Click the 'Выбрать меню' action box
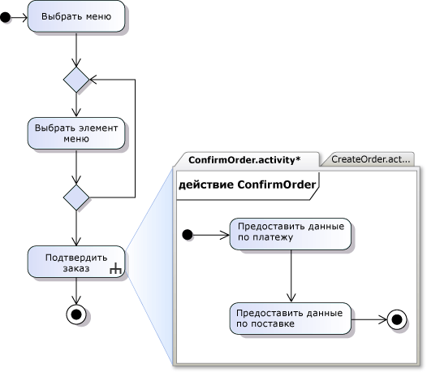[x=76, y=16]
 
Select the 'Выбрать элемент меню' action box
[x=76, y=133]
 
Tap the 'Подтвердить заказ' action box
[x=76, y=262]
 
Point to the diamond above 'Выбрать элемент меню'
[x=76, y=80]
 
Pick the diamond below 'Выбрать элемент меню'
[x=76, y=197]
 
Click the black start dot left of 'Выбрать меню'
[x=5, y=18]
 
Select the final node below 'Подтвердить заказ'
[x=76, y=314]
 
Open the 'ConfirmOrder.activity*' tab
[x=244, y=160]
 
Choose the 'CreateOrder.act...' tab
[x=370, y=159]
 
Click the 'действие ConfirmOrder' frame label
[x=248, y=184]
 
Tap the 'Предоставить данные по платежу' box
[x=291, y=234]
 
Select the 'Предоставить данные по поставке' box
[x=291, y=319]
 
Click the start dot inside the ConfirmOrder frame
[x=188, y=235]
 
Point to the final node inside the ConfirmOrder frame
[x=397, y=319]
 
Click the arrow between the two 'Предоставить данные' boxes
[x=291, y=276]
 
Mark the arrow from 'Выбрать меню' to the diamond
[x=76, y=50]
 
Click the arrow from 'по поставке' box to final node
[x=369, y=319]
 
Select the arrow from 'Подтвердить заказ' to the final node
[x=76, y=291]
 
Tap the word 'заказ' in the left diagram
[x=76, y=268]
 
